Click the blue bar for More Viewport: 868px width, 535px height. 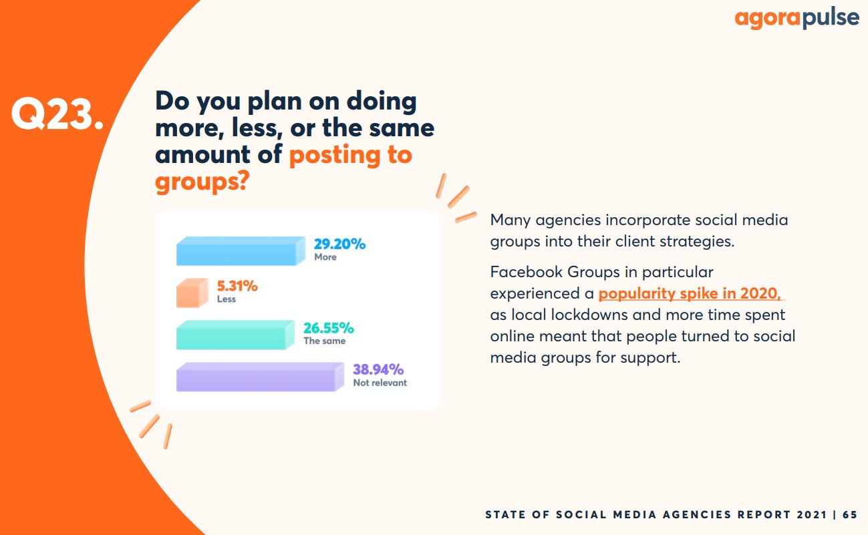[x=241, y=251]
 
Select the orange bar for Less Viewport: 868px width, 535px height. [x=192, y=293]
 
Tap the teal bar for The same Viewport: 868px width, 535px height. [x=235, y=335]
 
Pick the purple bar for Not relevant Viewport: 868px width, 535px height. [x=260, y=377]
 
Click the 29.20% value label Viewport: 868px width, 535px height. [x=339, y=244]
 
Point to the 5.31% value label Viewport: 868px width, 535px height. [x=237, y=287]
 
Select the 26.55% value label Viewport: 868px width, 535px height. [x=329, y=328]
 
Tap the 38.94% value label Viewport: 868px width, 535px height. [x=378, y=369]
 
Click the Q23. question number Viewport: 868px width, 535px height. [x=57, y=114]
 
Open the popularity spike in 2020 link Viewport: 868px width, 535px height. [x=690, y=293]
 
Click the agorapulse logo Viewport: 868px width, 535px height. [x=797, y=18]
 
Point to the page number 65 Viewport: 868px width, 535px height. [x=849, y=514]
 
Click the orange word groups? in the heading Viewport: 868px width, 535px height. [x=202, y=181]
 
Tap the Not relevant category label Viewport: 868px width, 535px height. [x=380, y=383]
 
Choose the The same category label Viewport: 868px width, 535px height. [x=324, y=341]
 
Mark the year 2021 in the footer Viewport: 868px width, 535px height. [x=811, y=514]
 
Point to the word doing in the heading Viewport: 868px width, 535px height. [x=382, y=102]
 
